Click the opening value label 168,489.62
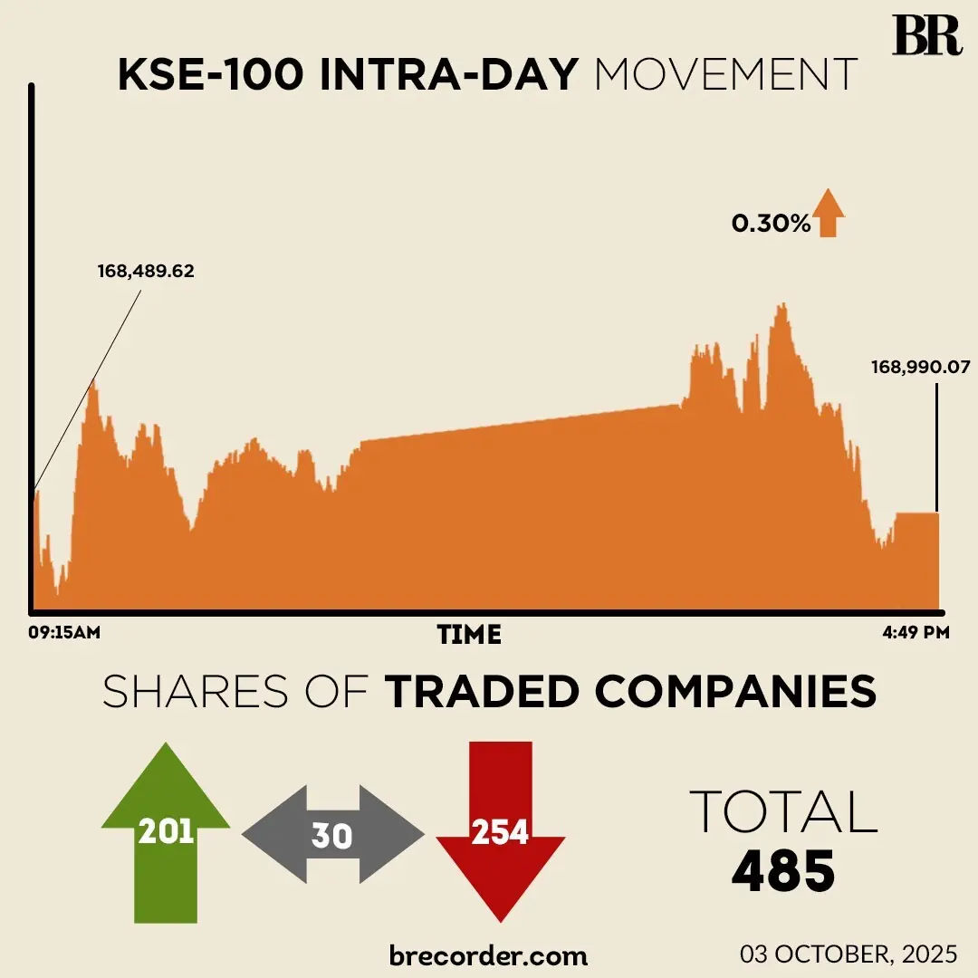point(145,271)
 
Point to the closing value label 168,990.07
point(920,368)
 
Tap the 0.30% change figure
point(771,224)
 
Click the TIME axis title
point(469,635)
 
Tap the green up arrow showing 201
point(166,830)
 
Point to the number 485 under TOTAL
point(783,870)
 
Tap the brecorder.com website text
point(488,954)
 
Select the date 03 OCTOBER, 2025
point(849,954)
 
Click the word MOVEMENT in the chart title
point(725,75)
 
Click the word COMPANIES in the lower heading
point(735,693)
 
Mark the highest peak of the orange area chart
point(781,305)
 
